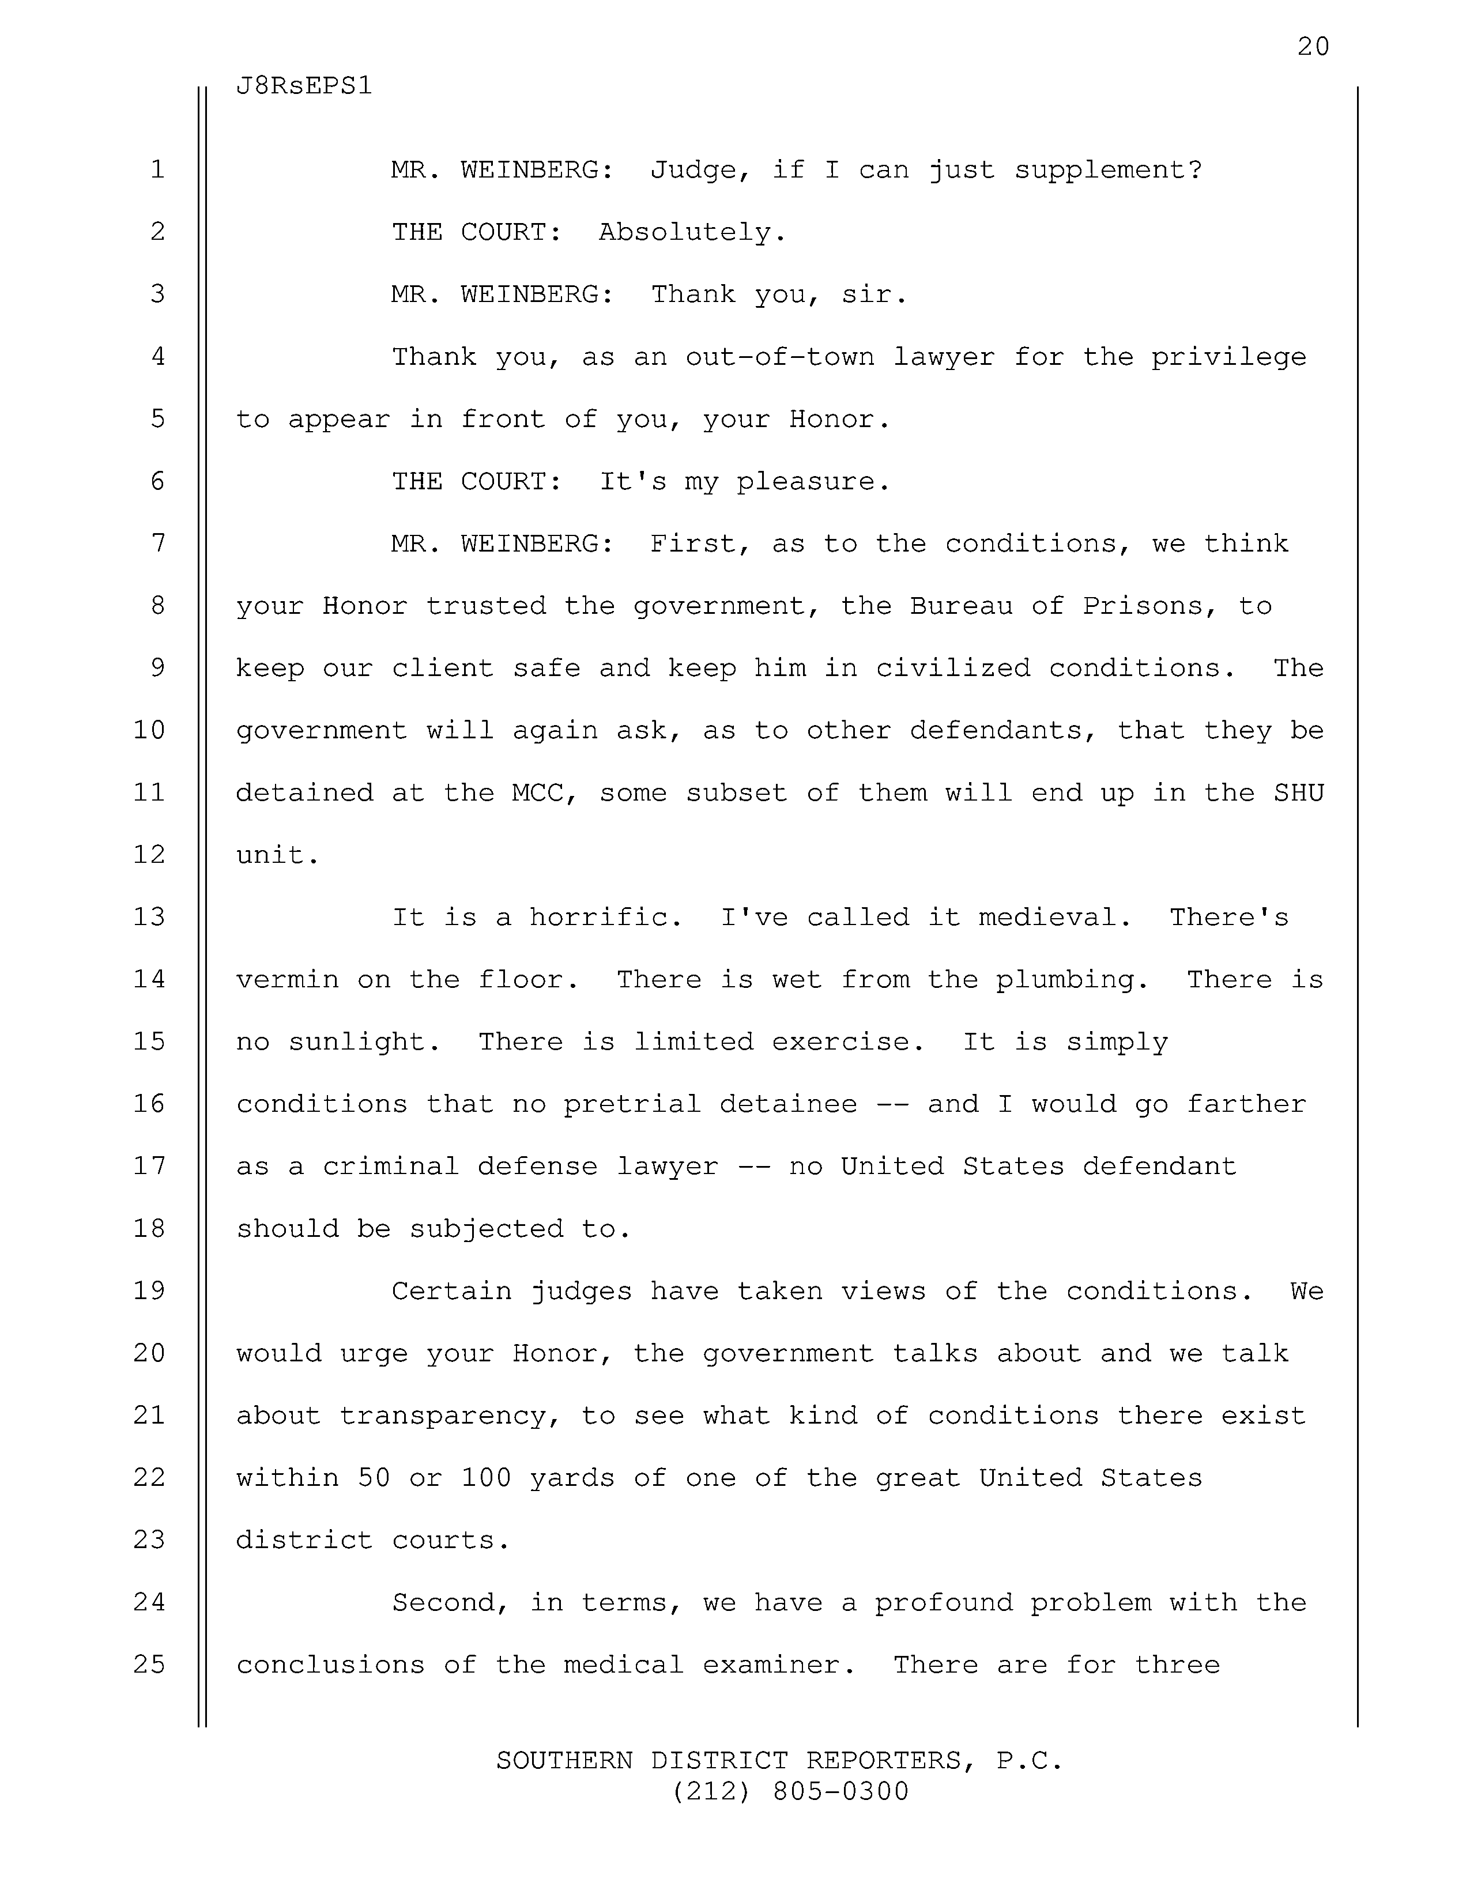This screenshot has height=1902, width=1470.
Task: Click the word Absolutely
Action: pos(692,232)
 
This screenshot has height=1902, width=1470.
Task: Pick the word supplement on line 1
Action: pos(1108,171)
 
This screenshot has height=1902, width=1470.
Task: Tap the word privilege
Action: pos(1229,358)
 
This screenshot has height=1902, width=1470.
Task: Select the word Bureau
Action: pos(962,606)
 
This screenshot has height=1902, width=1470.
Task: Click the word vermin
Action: pos(288,980)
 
